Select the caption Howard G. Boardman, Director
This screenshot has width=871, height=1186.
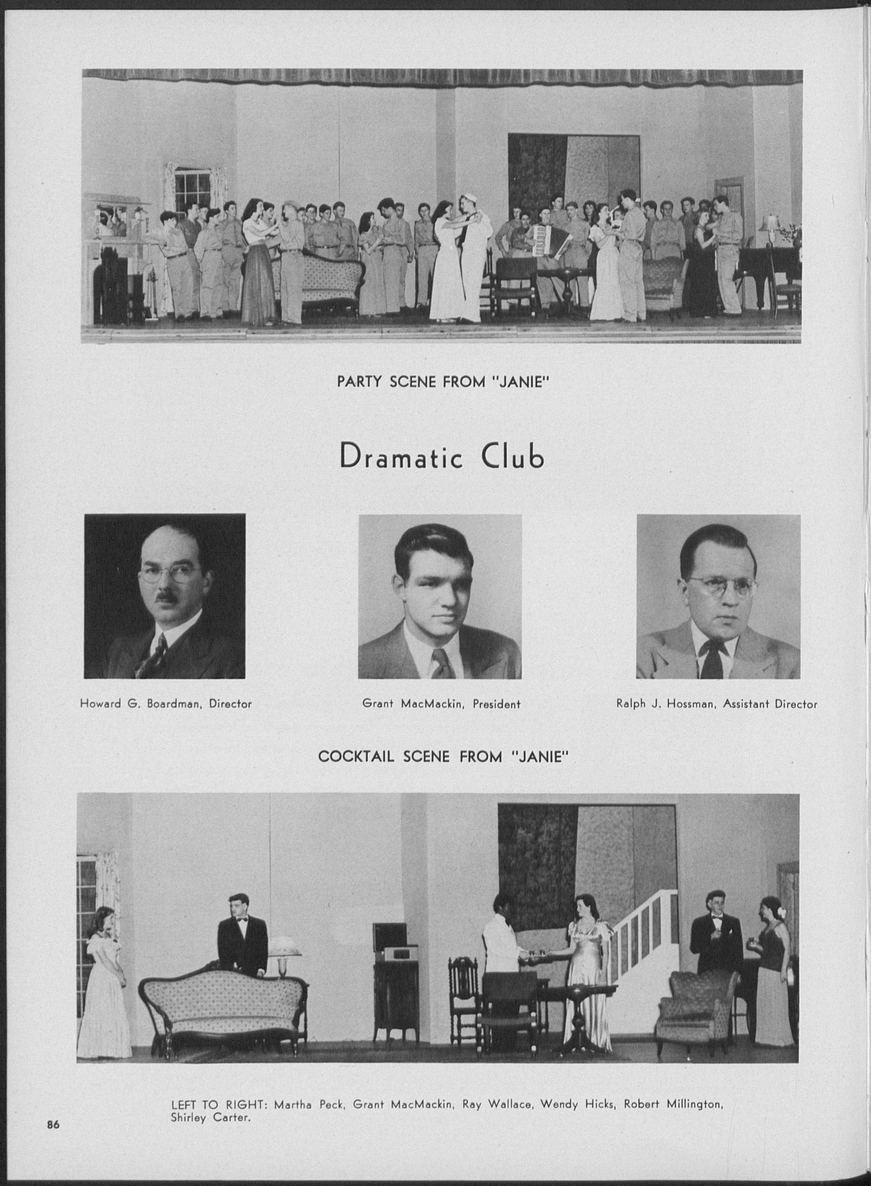point(165,703)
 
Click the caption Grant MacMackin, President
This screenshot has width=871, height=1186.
point(441,703)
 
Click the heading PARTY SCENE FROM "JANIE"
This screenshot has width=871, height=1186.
point(443,381)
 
